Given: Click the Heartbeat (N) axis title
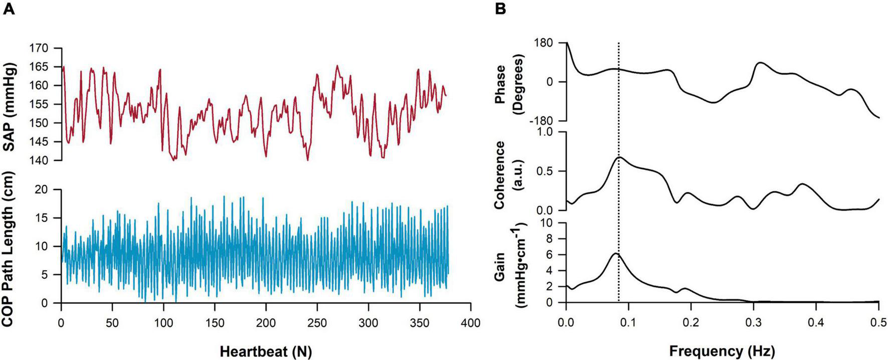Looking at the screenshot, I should (265, 351).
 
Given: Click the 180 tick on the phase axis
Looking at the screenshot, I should (546, 43).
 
